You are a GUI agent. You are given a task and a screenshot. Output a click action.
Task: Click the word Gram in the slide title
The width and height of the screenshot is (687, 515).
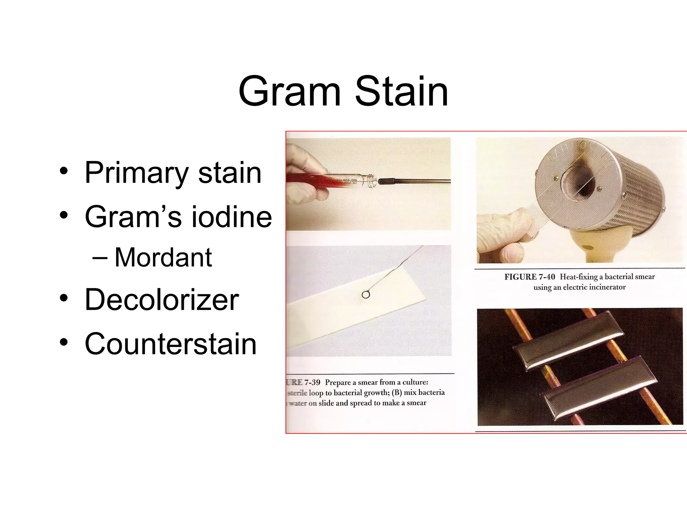[289, 91]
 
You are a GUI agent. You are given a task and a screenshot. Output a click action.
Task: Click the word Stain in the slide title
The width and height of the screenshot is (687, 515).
[402, 91]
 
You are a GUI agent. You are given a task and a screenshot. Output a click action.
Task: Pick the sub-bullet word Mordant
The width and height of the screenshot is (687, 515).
[163, 257]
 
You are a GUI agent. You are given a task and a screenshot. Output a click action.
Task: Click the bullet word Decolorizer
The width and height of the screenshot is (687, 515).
[162, 299]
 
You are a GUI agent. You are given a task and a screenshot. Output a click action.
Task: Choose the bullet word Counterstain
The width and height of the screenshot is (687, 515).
[171, 344]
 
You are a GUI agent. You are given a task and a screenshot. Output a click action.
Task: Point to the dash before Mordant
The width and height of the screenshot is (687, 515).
[99, 257]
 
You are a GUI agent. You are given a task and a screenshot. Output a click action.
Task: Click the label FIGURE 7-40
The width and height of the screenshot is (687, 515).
[530, 277]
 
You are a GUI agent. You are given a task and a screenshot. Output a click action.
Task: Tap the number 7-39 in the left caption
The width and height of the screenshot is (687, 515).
[312, 382]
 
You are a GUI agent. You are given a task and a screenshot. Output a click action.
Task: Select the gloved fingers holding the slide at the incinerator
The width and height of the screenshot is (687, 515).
[503, 235]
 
